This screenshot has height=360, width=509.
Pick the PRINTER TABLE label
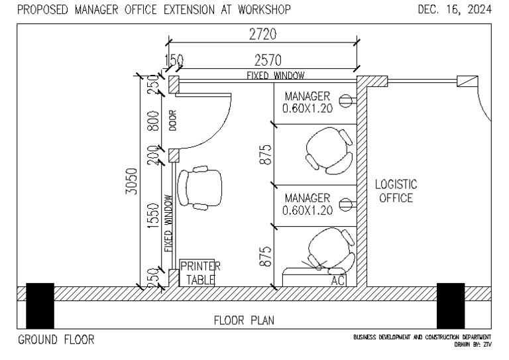199,273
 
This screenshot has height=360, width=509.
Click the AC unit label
338,280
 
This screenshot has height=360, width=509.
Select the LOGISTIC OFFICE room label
396,191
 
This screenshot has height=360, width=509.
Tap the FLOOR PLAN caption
244,320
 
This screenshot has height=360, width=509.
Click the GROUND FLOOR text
56,340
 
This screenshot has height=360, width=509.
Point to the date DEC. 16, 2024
455,9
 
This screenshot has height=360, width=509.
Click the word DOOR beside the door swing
172,121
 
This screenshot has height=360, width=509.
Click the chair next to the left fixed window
200,188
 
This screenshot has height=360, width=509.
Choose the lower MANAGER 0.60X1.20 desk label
307,204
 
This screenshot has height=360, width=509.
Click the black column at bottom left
40,306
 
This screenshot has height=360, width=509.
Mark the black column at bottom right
450,306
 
